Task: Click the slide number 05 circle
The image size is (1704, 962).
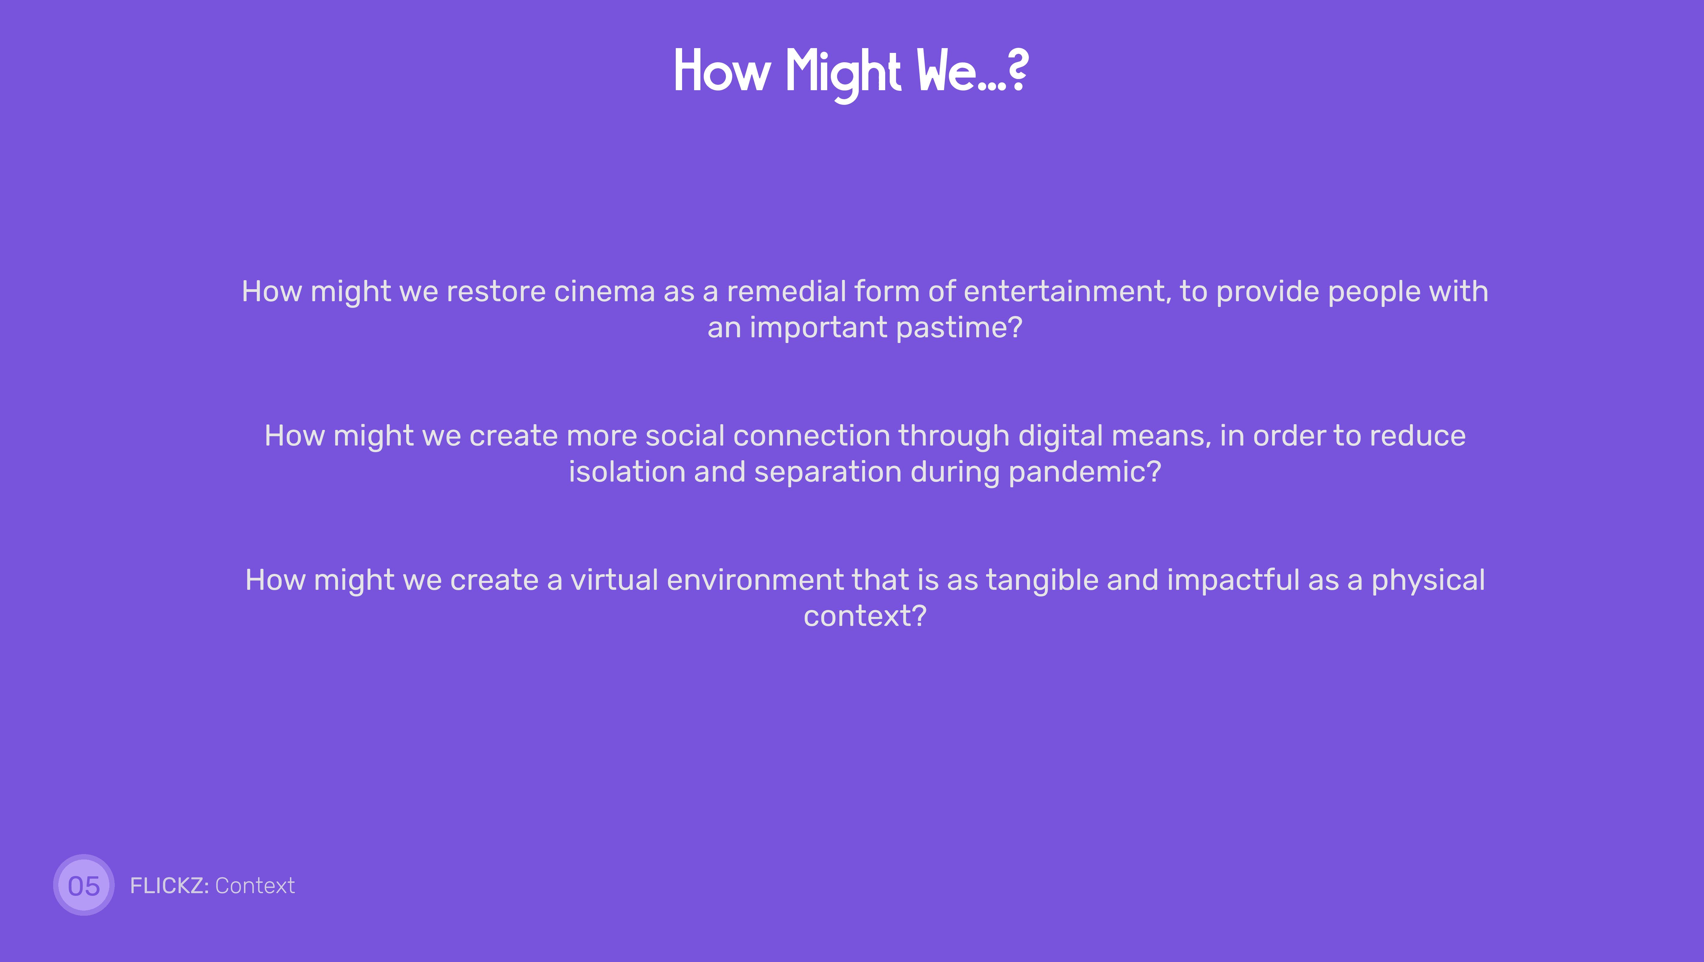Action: tap(84, 885)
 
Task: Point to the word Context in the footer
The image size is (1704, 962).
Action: tap(255, 885)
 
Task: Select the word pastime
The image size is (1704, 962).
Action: tap(960, 327)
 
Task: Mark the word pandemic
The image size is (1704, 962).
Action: tap(1085, 472)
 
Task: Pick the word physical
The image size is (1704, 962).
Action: tap(1428, 580)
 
